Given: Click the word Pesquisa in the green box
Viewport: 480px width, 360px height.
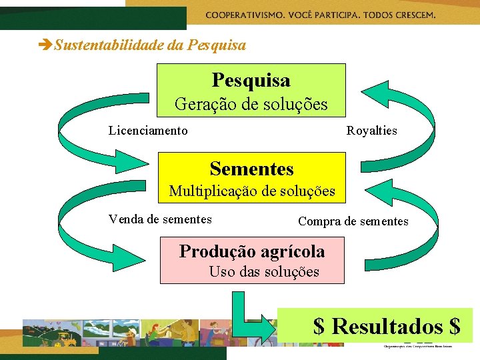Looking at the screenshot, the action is click(x=251, y=81).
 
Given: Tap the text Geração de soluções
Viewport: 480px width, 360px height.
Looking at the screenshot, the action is click(x=251, y=104).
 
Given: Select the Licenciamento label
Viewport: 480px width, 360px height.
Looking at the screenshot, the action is click(x=148, y=131).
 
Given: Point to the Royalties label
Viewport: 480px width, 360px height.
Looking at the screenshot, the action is click(x=371, y=131).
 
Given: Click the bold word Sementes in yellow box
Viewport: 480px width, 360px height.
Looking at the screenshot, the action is click(x=251, y=169).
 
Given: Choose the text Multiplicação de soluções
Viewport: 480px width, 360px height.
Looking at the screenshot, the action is click(x=252, y=191).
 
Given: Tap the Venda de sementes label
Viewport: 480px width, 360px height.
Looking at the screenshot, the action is click(x=160, y=219).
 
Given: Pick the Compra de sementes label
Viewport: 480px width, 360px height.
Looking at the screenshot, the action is click(x=353, y=221).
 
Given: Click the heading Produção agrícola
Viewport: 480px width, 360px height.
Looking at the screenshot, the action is click(x=252, y=251).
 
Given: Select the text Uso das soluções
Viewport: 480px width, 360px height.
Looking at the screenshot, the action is click(x=264, y=272).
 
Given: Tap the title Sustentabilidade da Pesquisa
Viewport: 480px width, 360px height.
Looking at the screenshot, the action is click(x=150, y=45).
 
